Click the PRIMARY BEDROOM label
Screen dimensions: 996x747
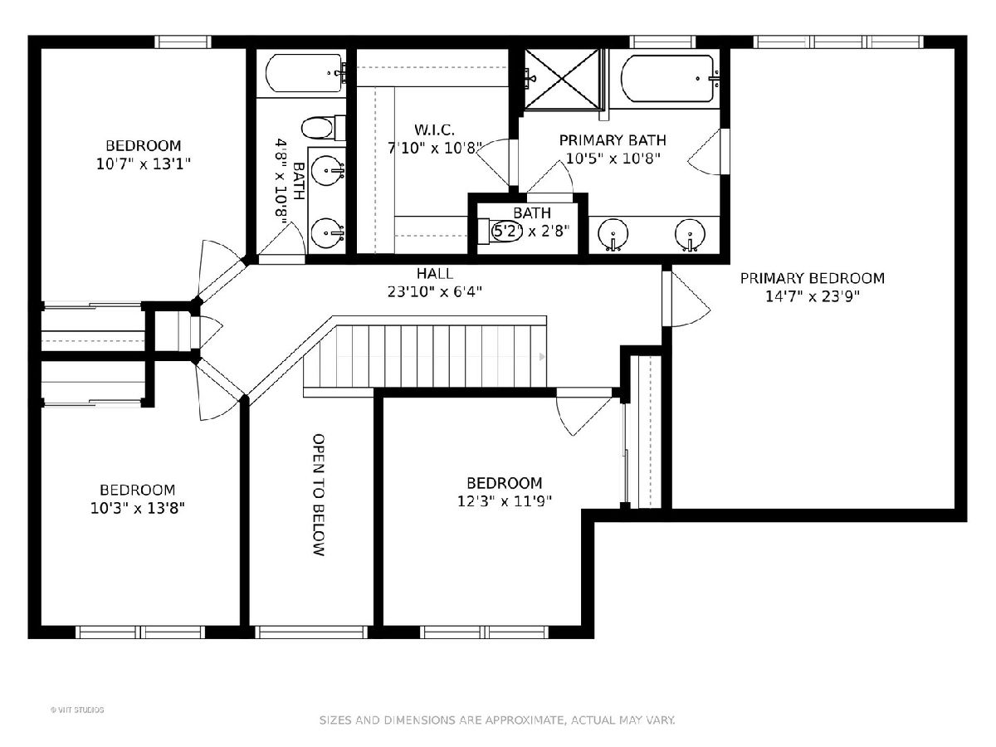[813, 278]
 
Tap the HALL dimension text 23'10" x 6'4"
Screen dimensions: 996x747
[435, 291]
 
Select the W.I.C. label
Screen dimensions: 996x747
[434, 130]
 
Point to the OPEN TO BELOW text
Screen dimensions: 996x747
[319, 495]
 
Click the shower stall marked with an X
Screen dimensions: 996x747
[562, 79]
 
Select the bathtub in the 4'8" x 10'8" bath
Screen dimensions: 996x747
[305, 73]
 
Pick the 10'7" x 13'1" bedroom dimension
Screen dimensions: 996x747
[143, 164]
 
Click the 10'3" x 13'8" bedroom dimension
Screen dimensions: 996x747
[138, 508]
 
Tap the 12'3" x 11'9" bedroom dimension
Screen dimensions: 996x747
[504, 500]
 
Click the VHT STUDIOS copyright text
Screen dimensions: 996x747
[77, 710]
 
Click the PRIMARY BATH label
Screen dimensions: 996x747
[613, 140]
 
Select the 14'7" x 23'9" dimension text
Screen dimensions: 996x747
[813, 296]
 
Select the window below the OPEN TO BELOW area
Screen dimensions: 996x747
[311, 632]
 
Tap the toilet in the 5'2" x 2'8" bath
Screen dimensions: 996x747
[500, 232]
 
